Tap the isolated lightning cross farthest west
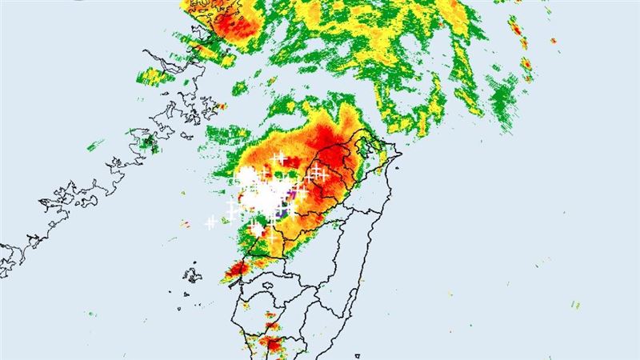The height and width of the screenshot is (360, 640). point(210,223)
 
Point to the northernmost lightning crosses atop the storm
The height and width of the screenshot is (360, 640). point(279,158)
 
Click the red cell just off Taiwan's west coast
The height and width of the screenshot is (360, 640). point(238,270)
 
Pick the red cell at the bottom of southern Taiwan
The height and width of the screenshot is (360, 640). point(273,345)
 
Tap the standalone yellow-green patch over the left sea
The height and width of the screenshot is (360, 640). point(148,144)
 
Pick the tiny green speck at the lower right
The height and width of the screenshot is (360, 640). point(576,304)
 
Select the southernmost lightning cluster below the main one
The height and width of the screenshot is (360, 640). point(256,230)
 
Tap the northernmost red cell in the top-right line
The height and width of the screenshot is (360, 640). point(516,31)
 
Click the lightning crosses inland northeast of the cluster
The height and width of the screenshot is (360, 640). point(318,171)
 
